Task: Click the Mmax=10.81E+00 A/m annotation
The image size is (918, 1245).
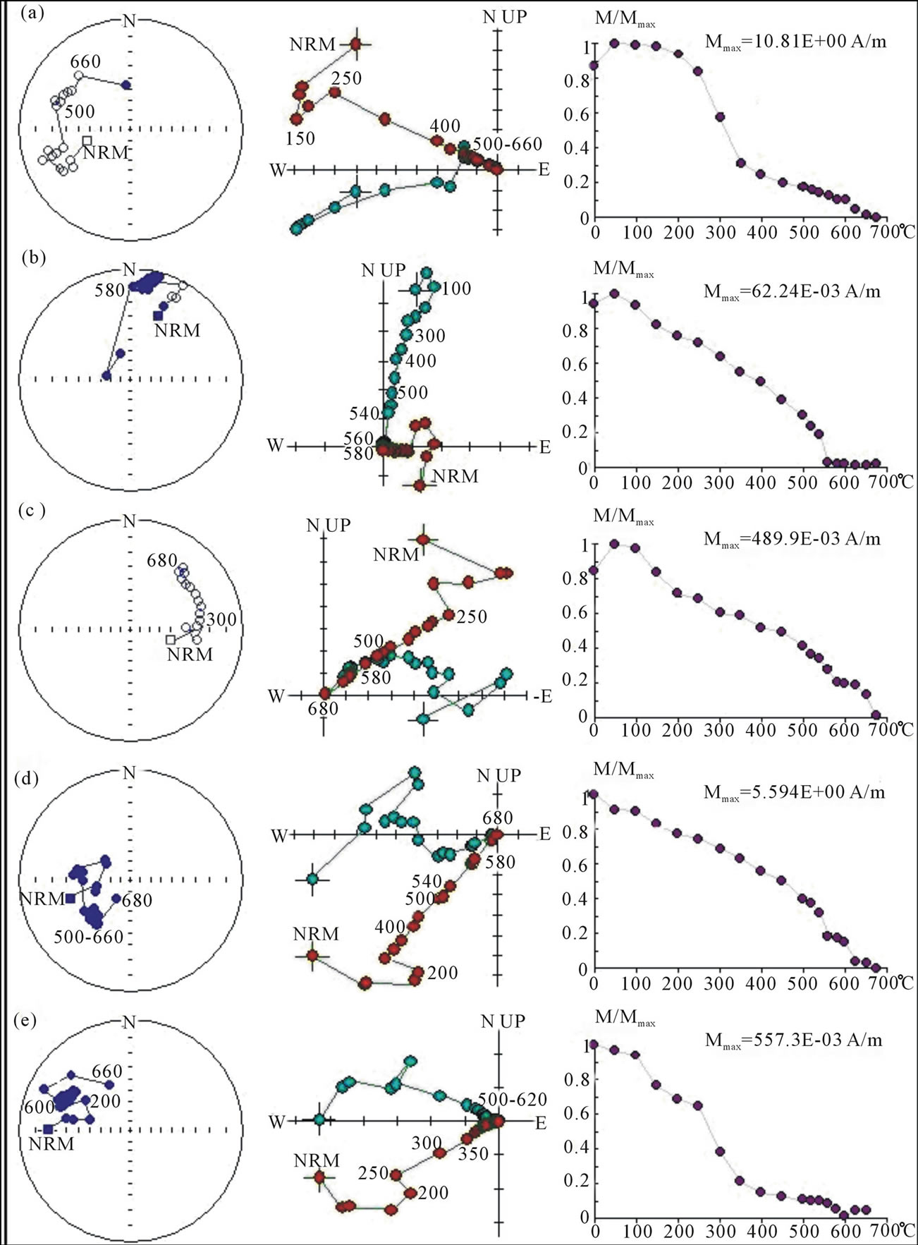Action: (795, 42)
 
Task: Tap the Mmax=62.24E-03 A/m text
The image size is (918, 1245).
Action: (792, 291)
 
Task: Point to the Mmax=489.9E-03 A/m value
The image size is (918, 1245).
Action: (792, 540)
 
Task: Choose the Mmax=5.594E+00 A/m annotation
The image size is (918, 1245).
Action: (794, 792)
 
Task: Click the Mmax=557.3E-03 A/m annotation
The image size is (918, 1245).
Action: (793, 1040)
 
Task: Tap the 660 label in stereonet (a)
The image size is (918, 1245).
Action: (85, 62)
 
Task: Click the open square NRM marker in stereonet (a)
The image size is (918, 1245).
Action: (87, 140)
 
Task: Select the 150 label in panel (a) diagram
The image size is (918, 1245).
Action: (300, 138)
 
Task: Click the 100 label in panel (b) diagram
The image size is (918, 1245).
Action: (457, 289)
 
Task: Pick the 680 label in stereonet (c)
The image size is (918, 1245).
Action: (161, 561)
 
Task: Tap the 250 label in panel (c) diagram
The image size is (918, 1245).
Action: (472, 617)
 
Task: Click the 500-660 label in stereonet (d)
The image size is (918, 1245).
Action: (88, 937)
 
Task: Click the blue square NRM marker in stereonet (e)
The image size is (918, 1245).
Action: (48, 1129)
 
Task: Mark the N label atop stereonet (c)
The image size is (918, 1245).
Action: (129, 521)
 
